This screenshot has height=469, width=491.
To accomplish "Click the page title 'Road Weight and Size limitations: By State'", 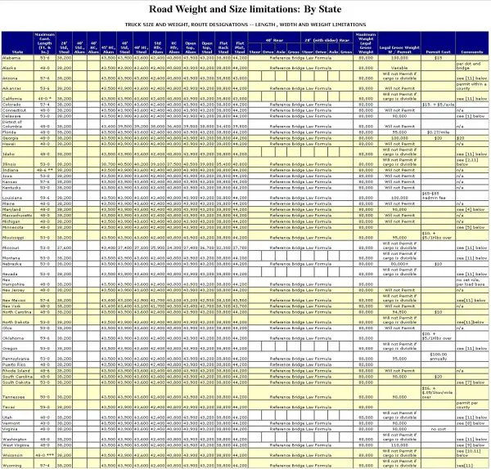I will [x=246, y=7].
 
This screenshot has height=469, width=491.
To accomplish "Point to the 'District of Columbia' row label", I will [x=14, y=125].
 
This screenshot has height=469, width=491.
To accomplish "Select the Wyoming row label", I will [x=12, y=464].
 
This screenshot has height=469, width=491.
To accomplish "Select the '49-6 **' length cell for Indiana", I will [x=44, y=169].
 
